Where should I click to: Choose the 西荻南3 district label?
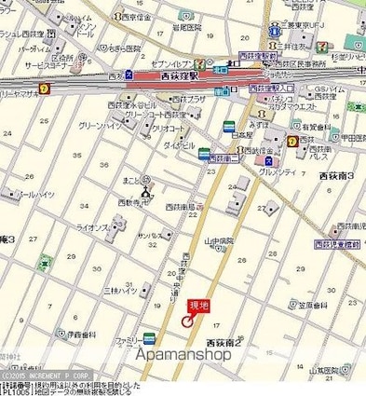(338, 174)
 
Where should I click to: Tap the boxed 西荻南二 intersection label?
(224, 159)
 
